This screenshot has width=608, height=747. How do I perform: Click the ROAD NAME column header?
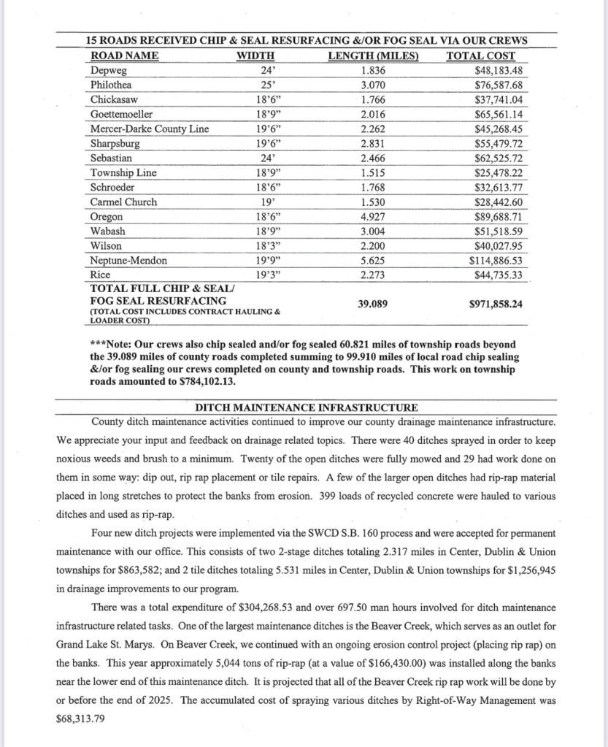[125, 55]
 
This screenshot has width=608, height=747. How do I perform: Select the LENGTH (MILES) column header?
[373, 55]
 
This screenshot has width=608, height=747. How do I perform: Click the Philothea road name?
[112, 85]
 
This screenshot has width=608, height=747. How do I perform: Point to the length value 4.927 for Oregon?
[373, 217]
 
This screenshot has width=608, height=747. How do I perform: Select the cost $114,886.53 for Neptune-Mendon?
[496, 260]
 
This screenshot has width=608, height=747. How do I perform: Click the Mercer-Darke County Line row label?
[150, 129]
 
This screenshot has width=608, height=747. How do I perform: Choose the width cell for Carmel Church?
[266, 202]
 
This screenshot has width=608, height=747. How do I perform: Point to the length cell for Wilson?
[373, 246]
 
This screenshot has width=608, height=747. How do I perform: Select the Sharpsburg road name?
[115, 143]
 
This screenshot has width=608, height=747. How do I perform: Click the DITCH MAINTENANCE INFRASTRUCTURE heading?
[307, 407]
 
